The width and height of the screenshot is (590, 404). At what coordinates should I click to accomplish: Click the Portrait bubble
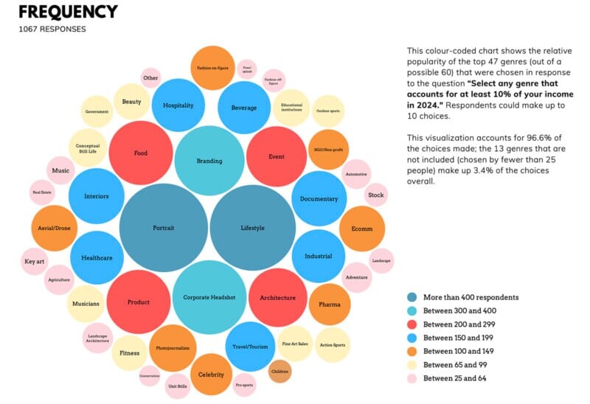pyautogui.click(x=163, y=228)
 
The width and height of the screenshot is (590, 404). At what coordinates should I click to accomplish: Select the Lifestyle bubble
pyautogui.click(x=253, y=228)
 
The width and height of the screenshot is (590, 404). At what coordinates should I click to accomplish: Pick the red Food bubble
pyautogui.click(x=141, y=153)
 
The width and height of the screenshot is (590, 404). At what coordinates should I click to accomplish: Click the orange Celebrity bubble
pyautogui.click(x=211, y=375)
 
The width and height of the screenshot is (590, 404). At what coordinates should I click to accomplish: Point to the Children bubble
pyautogui.click(x=280, y=371)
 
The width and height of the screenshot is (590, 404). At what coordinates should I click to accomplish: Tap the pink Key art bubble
pyautogui.click(x=35, y=262)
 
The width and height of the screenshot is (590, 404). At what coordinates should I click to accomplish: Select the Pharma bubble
pyautogui.click(x=330, y=304)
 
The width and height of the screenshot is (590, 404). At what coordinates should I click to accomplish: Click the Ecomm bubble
pyautogui.click(x=361, y=229)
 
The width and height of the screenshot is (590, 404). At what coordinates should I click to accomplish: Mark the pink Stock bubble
pyautogui.click(x=376, y=195)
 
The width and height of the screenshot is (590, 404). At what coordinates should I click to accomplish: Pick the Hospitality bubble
pyautogui.click(x=178, y=105)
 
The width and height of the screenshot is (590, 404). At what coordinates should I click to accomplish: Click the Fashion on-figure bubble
pyautogui.click(x=212, y=68)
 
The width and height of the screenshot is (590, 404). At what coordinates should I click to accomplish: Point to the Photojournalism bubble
pyautogui.click(x=173, y=347)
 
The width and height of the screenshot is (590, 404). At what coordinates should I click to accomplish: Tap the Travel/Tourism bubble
pyautogui.click(x=250, y=346)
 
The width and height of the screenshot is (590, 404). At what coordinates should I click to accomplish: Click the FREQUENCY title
pyautogui.click(x=68, y=12)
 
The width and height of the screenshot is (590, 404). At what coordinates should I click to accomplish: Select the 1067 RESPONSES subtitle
pyautogui.click(x=52, y=29)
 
